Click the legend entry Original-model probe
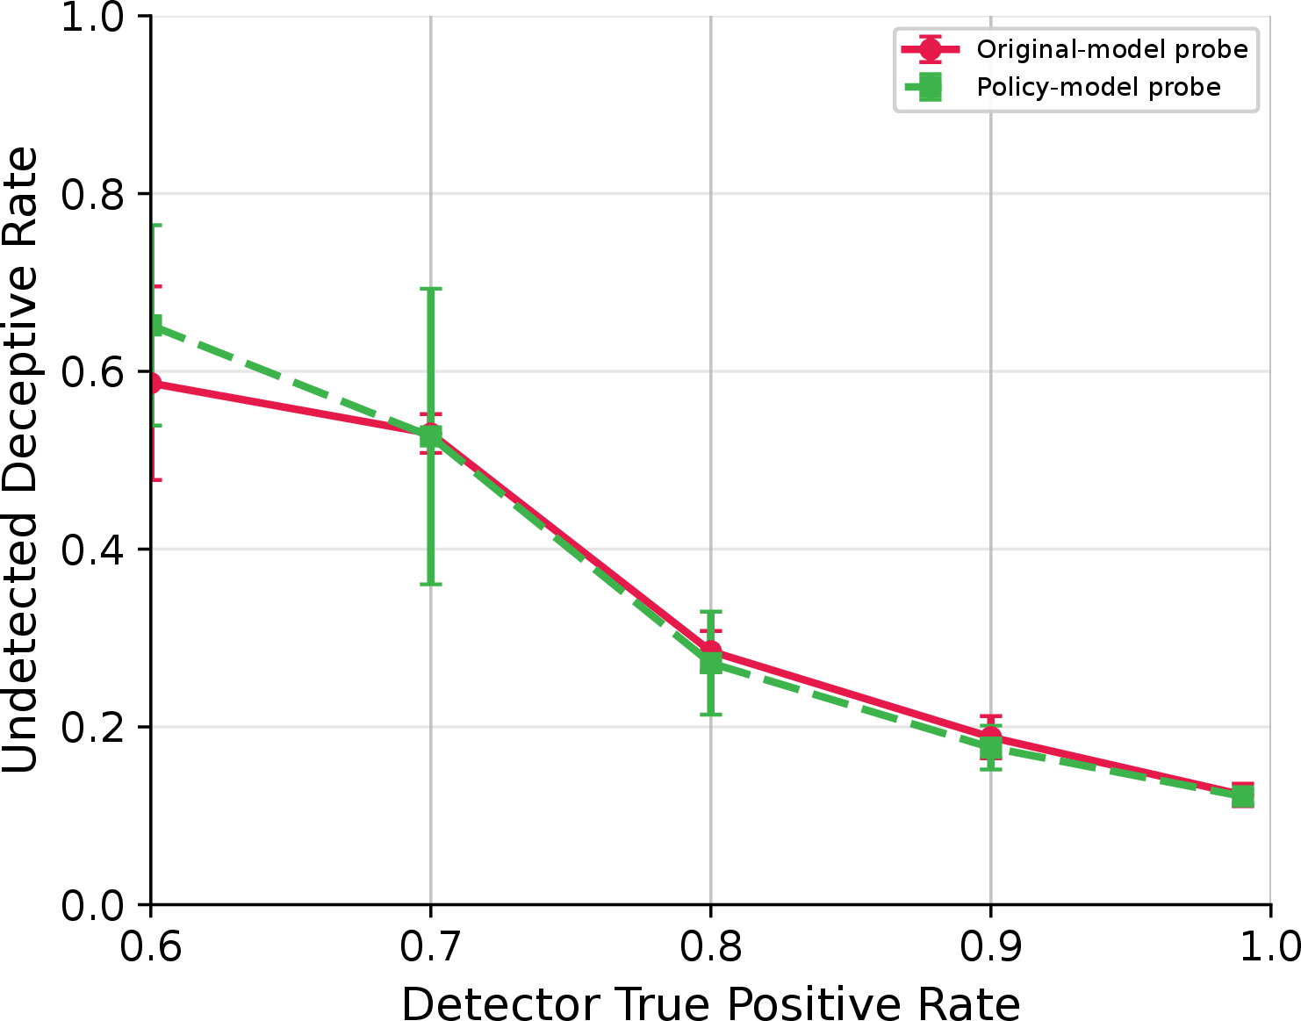(1111, 49)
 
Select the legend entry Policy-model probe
(1098, 88)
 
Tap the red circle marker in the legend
(930, 49)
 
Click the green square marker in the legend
(930, 88)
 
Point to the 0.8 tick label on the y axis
(93, 194)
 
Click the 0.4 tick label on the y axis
(93, 550)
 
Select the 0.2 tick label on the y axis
(93, 728)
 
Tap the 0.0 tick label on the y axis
(93, 905)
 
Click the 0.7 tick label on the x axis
(430, 947)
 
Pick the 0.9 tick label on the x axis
(991, 947)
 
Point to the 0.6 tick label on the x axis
(151, 947)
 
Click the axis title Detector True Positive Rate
(710, 1003)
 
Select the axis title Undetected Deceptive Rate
(20, 460)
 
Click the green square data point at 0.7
(430, 436)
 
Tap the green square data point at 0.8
(711, 663)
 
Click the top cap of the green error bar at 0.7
(430, 289)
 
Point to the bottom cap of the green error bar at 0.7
(430, 584)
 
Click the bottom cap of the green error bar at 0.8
(711, 715)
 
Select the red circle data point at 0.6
(154, 384)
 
